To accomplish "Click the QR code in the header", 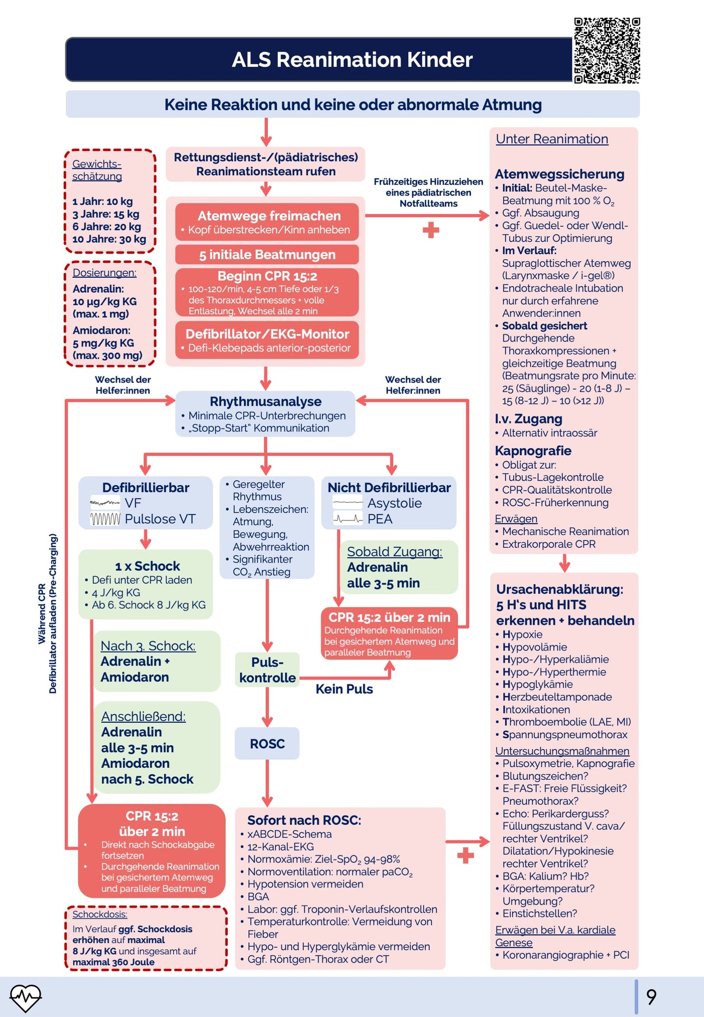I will click(x=607, y=50).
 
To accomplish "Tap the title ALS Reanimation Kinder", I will click(x=352, y=60).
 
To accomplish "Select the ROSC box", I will click(x=267, y=744).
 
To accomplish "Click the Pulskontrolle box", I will click(x=267, y=670).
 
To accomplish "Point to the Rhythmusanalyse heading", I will click(x=266, y=402).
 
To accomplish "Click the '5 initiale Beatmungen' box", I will click(x=267, y=254).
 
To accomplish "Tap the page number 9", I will click(x=651, y=997).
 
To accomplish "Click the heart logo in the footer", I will click(x=25, y=997).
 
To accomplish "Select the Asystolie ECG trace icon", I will click(x=347, y=502).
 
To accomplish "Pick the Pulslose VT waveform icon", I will click(x=105, y=519).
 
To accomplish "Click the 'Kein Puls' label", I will click(x=344, y=689).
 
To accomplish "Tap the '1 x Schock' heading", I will click(x=148, y=566).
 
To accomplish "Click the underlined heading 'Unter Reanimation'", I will click(x=552, y=139).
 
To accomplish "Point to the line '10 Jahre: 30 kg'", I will click(x=109, y=239).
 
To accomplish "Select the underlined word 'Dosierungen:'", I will click(x=104, y=273).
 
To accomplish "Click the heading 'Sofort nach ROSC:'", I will click(x=304, y=820).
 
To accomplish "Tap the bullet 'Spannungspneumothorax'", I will click(x=565, y=734).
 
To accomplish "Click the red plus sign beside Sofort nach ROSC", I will click(x=465, y=856).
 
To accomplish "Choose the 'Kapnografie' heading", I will click(x=533, y=451).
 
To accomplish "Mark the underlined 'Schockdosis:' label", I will click(x=100, y=914).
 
